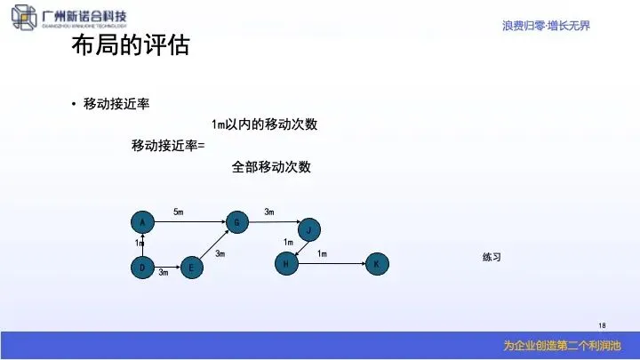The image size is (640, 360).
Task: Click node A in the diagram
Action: click(x=141, y=220)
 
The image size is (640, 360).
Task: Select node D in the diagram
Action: click(x=141, y=266)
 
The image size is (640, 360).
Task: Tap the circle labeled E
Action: click(x=191, y=266)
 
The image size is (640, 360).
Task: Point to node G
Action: click(x=236, y=221)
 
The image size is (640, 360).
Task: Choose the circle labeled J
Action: click(x=308, y=229)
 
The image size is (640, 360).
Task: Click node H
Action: click(x=284, y=264)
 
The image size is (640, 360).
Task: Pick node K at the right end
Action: click(x=376, y=264)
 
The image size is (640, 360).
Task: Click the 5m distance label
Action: click(x=178, y=212)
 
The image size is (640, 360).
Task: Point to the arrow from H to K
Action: click(x=330, y=264)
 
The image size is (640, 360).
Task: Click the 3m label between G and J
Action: click(x=269, y=212)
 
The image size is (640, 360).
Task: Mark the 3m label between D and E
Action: click(x=164, y=273)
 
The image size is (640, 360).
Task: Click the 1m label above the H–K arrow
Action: click(x=322, y=254)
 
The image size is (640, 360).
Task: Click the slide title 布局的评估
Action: click(x=130, y=46)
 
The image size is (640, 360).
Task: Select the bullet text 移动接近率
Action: click(x=116, y=104)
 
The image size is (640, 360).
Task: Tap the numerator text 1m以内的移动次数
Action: click(x=264, y=124)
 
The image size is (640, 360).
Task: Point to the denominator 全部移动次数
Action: click(x=271, y=166)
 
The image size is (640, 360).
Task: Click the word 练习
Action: click(x=492, y=257)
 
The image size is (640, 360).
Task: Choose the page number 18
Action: click(x=602, y=324)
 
